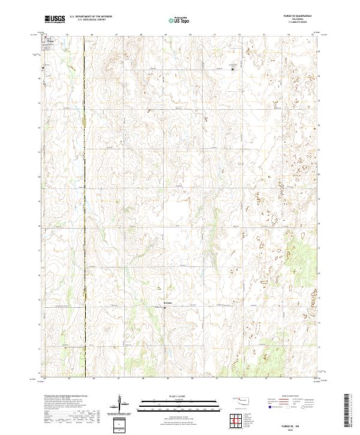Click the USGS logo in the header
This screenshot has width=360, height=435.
[55, 19]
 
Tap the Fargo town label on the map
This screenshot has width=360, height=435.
[50, 41]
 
